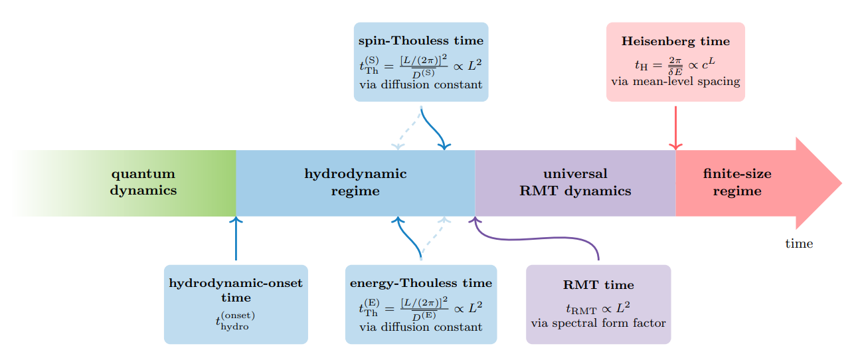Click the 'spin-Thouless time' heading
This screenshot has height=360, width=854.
[421, 41]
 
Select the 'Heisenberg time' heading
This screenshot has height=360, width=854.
[675, 41]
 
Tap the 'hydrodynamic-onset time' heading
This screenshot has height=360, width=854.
[236, 290]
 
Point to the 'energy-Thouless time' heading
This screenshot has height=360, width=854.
[421, 284]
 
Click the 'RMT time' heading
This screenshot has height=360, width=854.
[598, 285]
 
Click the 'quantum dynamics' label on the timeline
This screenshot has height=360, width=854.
[143, 183]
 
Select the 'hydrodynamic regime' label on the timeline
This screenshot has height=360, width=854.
[355, 183]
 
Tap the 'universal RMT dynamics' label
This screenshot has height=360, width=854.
[575, 183]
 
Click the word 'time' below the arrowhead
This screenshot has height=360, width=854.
[799, 244]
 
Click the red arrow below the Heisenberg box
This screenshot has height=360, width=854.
[675, 126]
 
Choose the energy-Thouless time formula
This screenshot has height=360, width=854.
[421, 308]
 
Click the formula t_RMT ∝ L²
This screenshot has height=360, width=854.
[598, 308]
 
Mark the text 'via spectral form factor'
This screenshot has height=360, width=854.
[598, 323]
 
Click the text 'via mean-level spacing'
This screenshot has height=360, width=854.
[675, 81]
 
